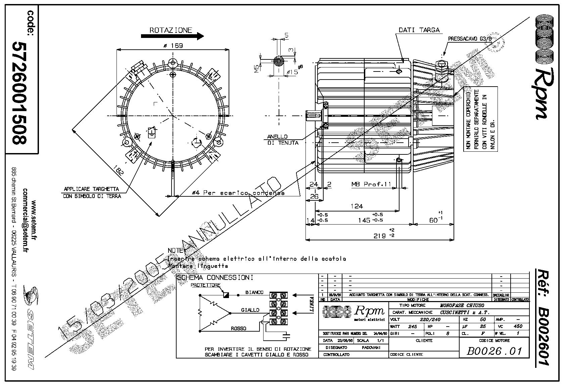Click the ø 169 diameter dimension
173,46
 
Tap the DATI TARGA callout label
419,30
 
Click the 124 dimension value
357,206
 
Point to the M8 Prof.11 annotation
371,184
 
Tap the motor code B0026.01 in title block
495,351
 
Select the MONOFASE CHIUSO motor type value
462,305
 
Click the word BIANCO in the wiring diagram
254,292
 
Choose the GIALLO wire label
250,310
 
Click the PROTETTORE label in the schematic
205,285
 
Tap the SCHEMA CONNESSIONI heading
215,278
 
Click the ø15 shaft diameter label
293,71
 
